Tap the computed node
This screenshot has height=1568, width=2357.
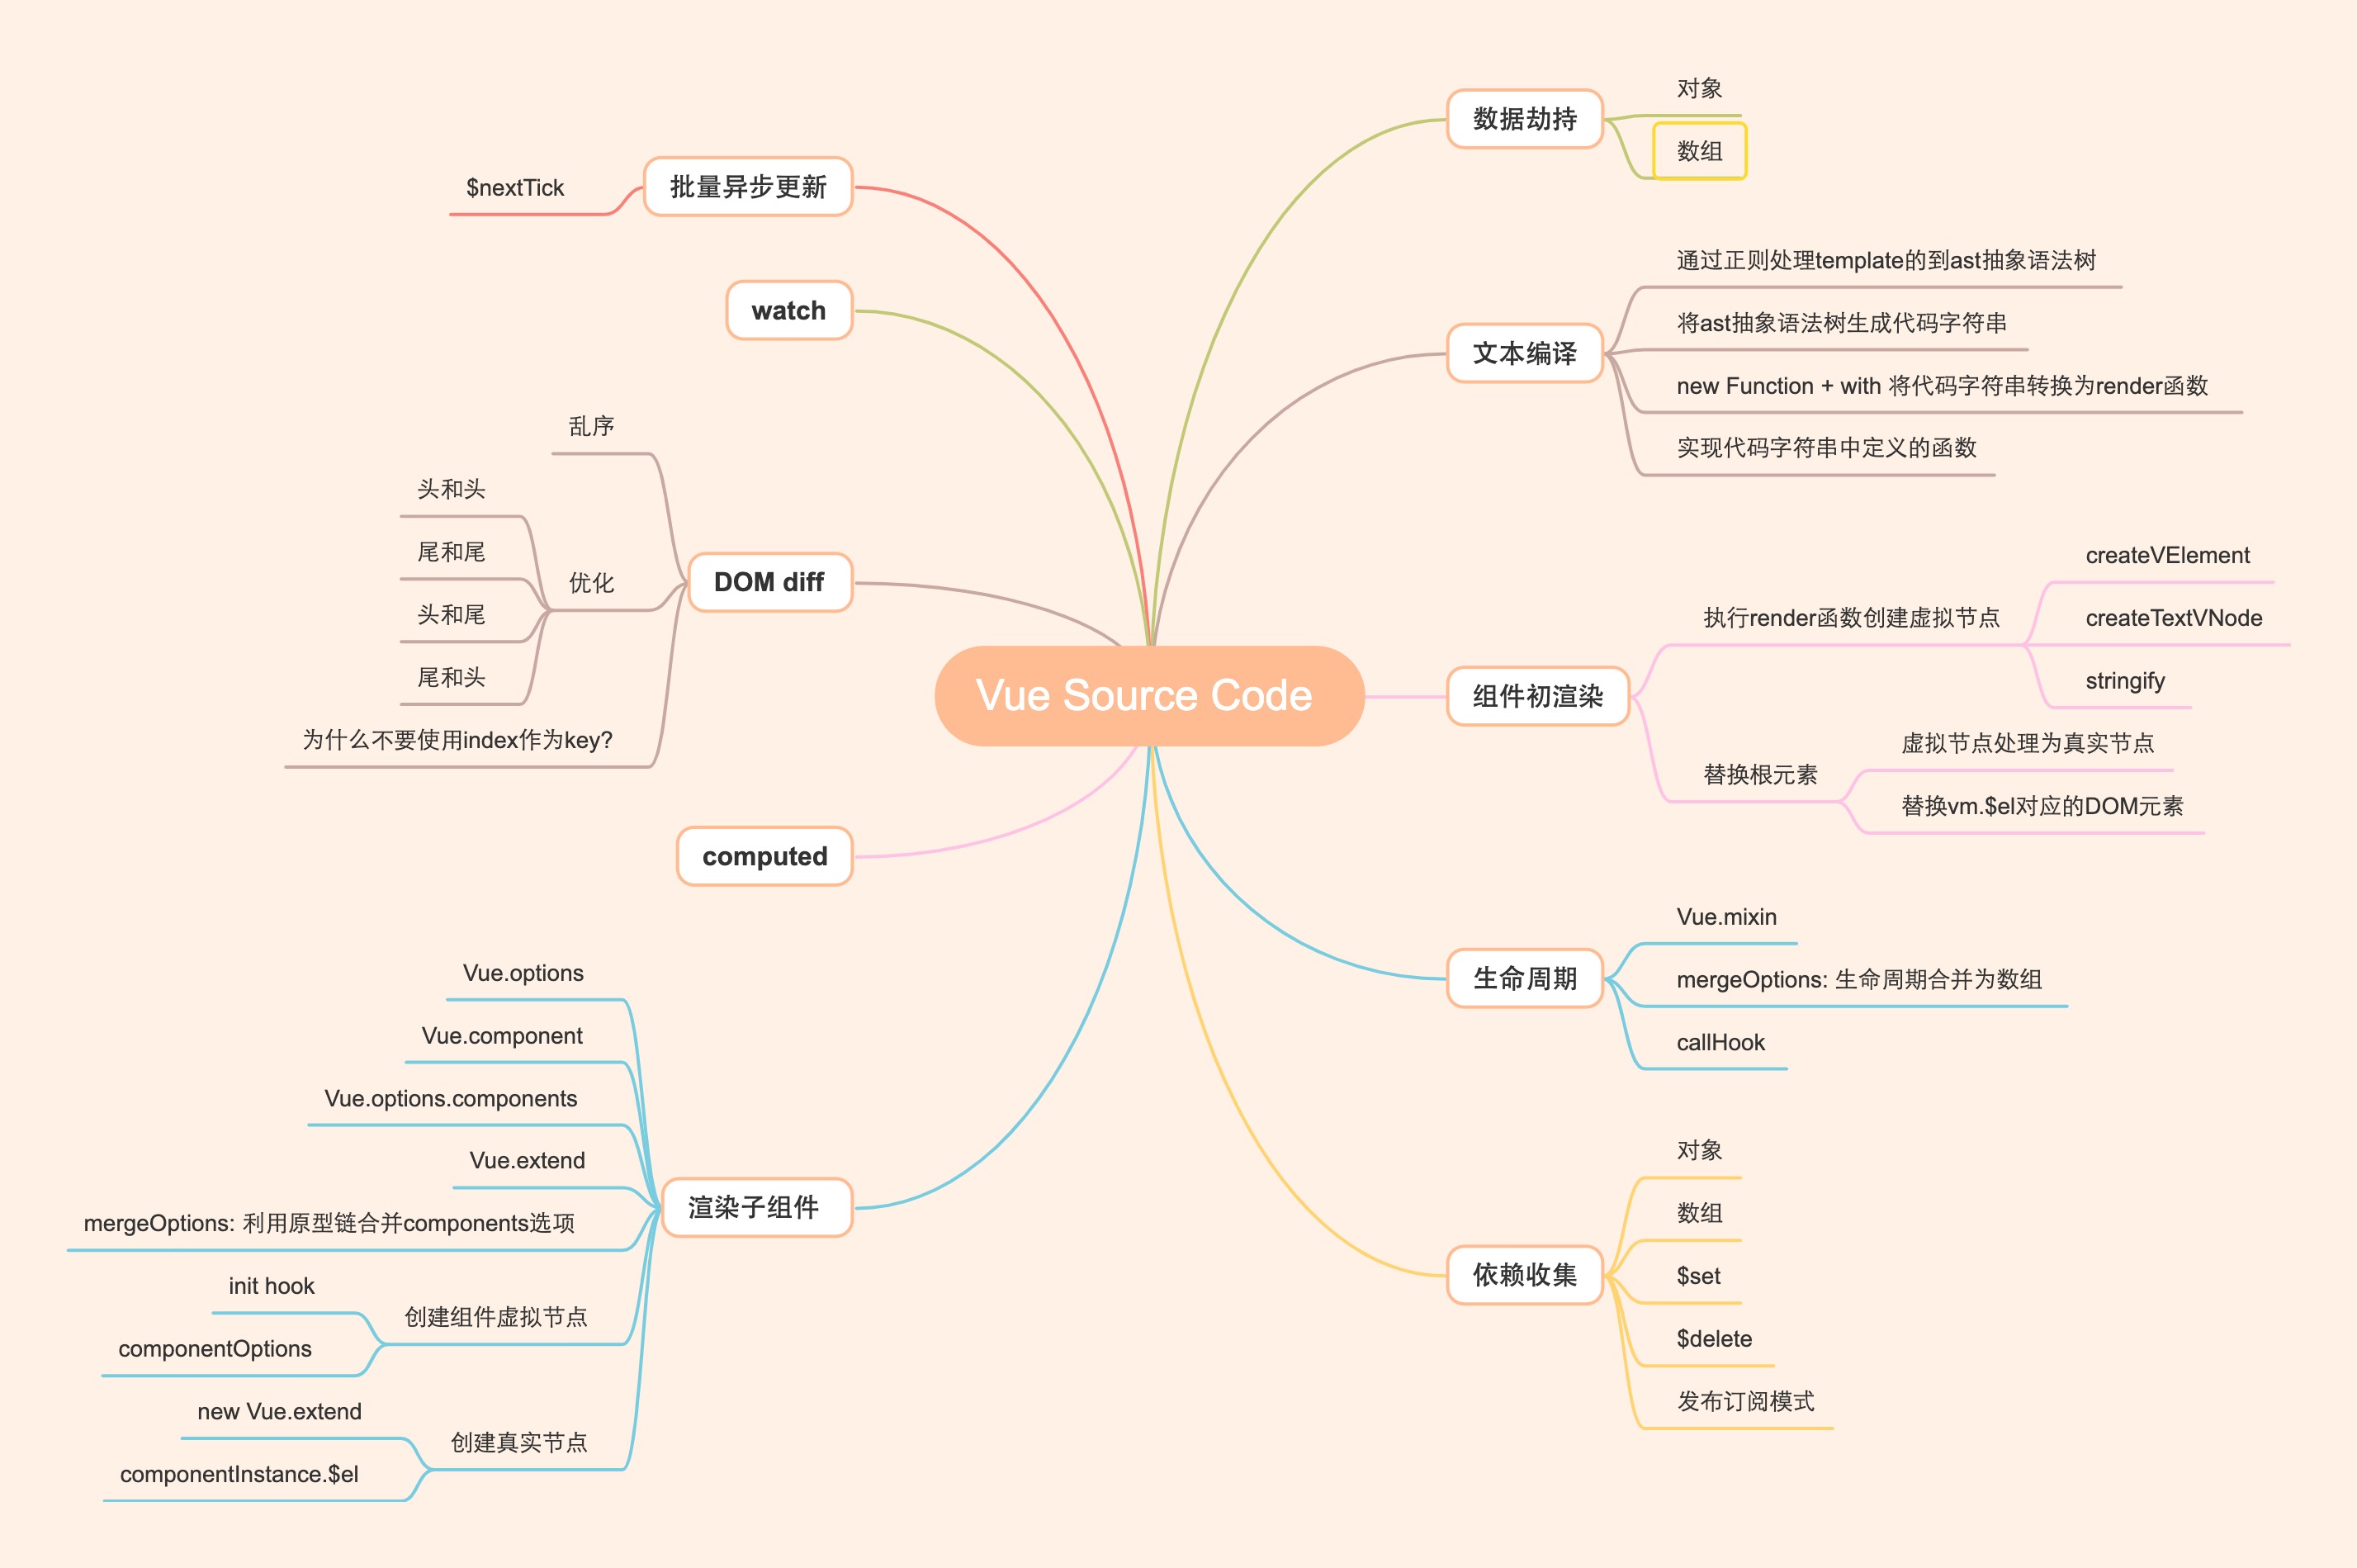point(764,856)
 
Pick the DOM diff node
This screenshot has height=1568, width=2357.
point(769,582)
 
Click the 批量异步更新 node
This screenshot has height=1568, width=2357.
point(748,187)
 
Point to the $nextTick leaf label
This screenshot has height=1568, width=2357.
point(515,188)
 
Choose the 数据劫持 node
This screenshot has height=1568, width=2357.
point(1524,119)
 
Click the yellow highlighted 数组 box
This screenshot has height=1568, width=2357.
point(1699,151)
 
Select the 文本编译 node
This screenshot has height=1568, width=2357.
point(1524,353)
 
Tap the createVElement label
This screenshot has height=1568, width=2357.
point(2167,555)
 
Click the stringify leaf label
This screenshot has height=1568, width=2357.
point(2125,681)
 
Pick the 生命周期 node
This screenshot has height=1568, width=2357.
point(1524,978)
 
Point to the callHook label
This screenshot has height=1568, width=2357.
point(1720,1042)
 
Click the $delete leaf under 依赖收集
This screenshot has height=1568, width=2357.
point(1714,1338)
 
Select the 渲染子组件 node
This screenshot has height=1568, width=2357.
point(754,1207)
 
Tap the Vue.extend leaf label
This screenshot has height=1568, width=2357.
point(527,1160)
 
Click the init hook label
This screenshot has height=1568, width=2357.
point(271,1286)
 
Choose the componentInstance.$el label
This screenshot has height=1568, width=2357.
point(239,1474)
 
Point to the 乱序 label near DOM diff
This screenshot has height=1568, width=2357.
point(591,427)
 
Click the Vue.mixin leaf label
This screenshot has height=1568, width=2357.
point(1726,917)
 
